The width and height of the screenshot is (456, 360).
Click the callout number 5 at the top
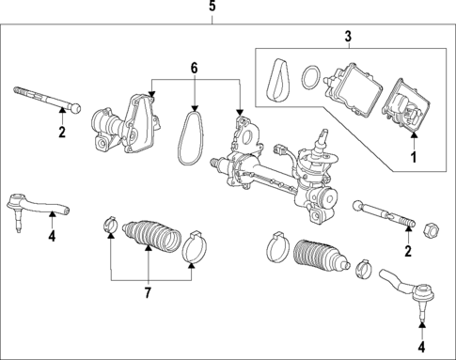click(212, 8)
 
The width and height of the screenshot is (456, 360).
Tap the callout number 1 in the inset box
click(410, 157)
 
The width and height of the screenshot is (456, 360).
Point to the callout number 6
click(195, 69)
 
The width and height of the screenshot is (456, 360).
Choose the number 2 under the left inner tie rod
click(62, 133)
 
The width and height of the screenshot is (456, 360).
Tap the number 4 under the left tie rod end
click(52, 237)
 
